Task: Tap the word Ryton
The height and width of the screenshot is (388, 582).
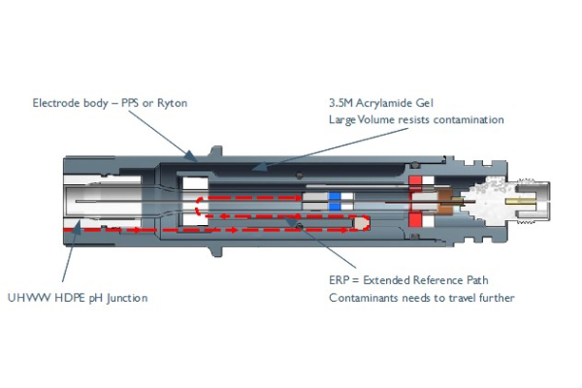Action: click(x=173, y=103)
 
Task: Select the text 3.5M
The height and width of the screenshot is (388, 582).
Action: click(x=340, y=103)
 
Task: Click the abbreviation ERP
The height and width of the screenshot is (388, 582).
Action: click(x=339, y=280)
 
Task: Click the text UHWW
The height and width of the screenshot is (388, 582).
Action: click(x=29, y=298)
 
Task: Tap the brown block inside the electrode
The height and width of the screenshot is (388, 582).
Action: click(x=445, y=202)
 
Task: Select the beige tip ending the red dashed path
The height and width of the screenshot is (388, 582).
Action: click(x=361, y=223)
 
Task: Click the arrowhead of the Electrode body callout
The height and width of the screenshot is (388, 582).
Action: click(x=191, y=155)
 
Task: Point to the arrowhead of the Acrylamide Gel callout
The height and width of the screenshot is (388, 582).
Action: click(x=259, y=167)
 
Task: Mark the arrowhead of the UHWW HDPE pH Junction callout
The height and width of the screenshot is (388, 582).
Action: click(x=78, y=226)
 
